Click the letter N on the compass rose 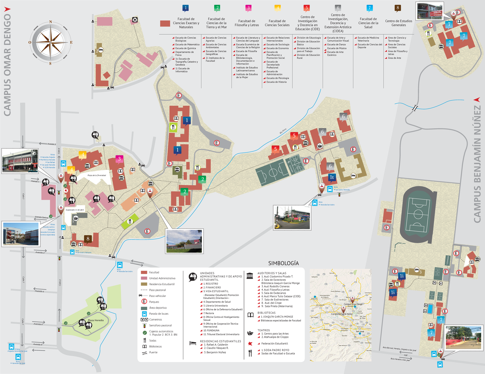51,23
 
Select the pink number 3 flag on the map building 120,159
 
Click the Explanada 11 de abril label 75,210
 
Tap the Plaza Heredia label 94,319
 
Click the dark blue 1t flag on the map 332,177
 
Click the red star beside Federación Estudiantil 251,343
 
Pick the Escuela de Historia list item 276,82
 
